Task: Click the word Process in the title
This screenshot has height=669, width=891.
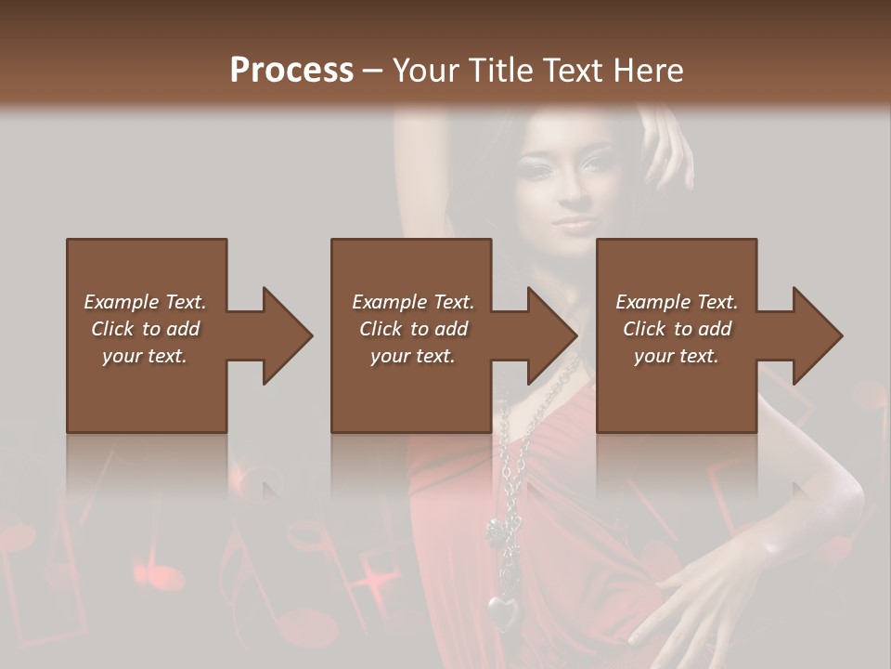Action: click(x=291, y=71)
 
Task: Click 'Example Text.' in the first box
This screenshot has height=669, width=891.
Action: click(x=145, y=302)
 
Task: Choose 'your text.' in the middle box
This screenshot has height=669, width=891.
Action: click(x=412, y=356)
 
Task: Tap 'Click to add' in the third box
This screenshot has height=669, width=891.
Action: click(x=677, y=329)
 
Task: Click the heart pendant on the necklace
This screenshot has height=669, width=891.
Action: click(x=503, y=612)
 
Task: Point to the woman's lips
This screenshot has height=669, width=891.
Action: click(x=574, y=223)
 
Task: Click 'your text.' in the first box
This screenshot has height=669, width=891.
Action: click(x=145, y=356)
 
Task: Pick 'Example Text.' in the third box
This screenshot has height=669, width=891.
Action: click(x=677, y=302)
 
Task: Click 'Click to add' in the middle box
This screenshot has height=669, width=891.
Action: click(x=412, y=329)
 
